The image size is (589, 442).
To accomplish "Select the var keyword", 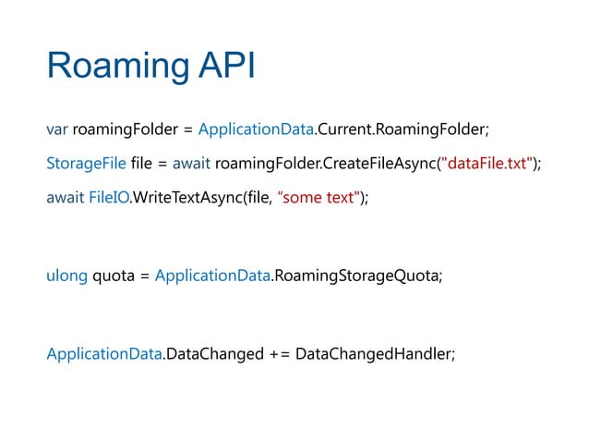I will point(56,128).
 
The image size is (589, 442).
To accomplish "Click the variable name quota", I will point(111,276).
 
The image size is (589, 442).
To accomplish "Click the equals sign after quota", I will point(144,276).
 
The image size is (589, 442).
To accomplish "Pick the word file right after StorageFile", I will point(143,164).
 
